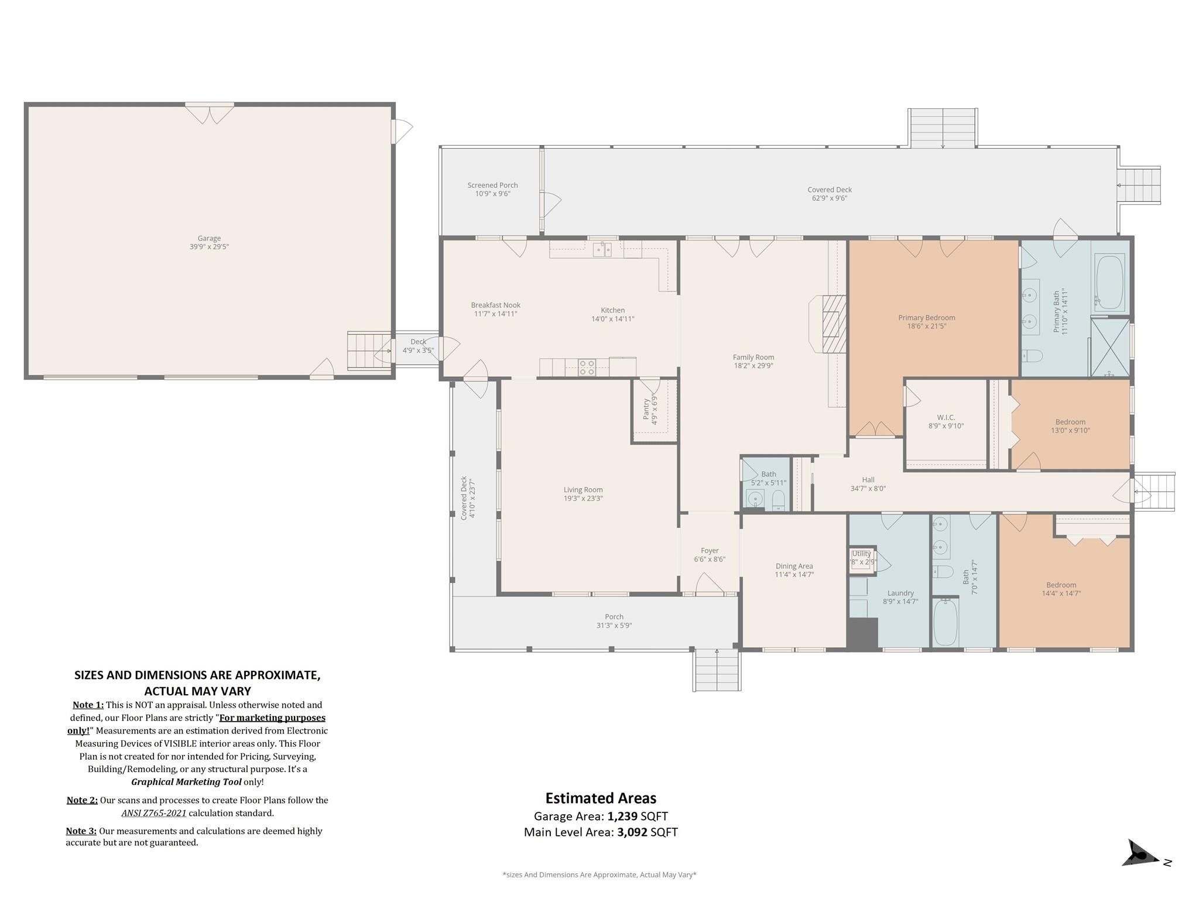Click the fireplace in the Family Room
tap(827, 324)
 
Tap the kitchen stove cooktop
tap(587, 368)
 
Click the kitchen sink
tap(602, 250)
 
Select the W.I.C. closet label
tap(946, 417)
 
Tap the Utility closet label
tap(861, 554)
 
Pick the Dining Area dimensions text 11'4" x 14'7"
tap(794, 575)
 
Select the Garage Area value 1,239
tap(622, 816)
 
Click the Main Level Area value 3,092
tap(632, 832)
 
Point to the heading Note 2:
tap(82, 800)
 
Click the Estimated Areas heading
tap(601, 798)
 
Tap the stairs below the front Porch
tap(717, 671)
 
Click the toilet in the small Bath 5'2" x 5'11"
tap(779, 500)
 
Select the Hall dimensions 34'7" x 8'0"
tap(868, 488)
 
